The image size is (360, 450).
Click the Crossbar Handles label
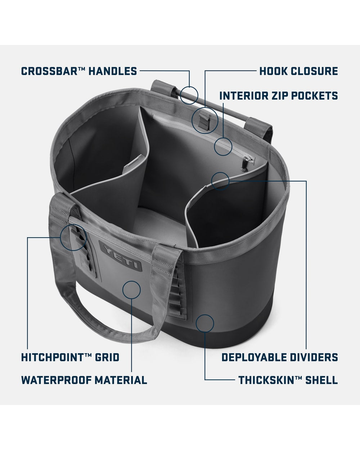coord(79,71)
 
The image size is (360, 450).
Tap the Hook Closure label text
coord(298,71)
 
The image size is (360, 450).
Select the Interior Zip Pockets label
coord(279,95)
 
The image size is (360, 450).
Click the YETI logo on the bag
coord(120,256)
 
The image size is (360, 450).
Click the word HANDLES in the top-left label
coord(113,71)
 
